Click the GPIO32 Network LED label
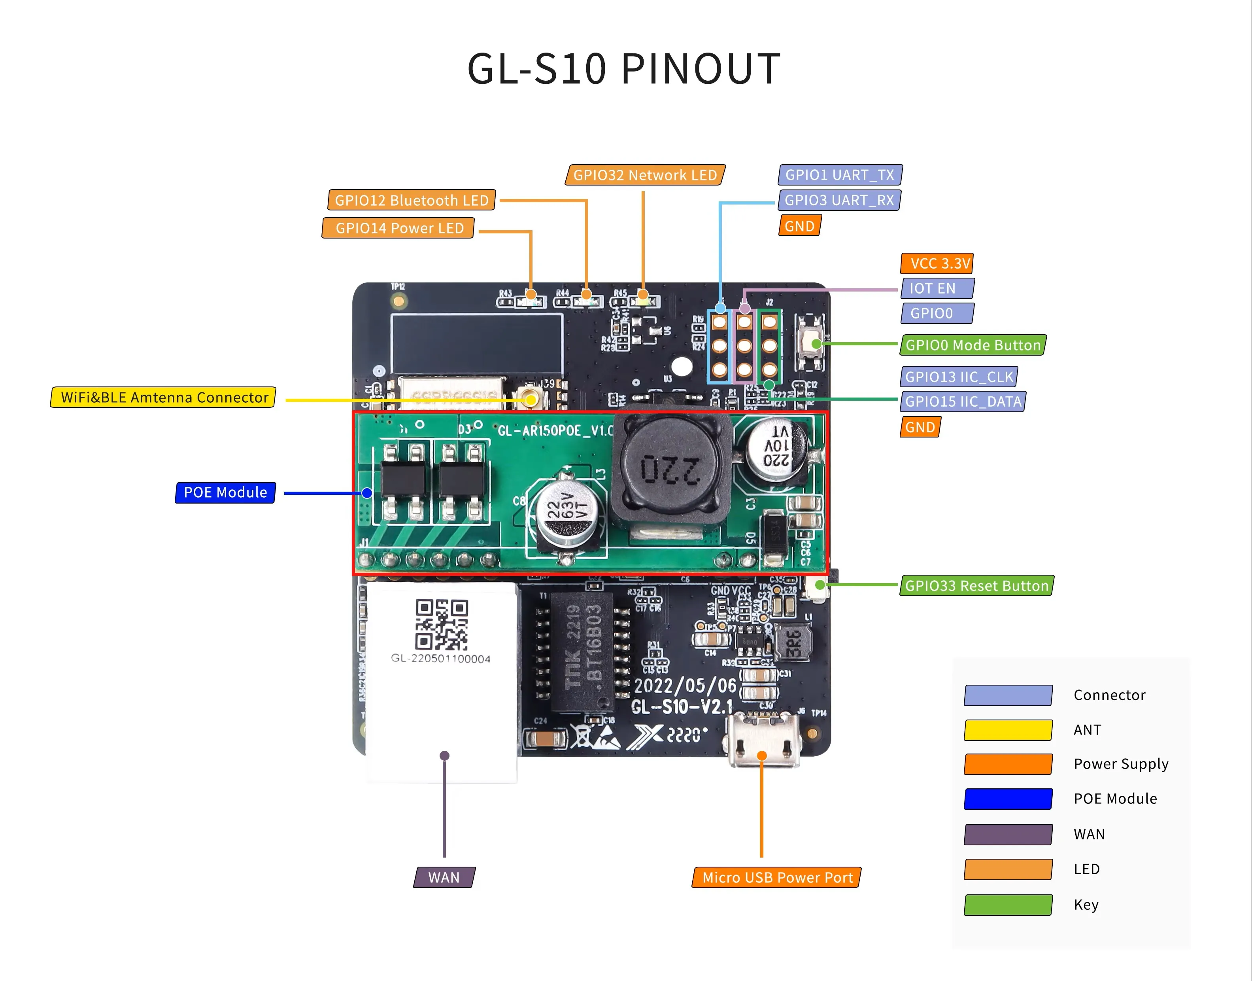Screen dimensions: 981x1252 click(x=645, y=175)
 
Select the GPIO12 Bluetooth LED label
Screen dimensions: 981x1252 click(x=411, y=201)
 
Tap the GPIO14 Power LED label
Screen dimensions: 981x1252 click(x=398, y=228)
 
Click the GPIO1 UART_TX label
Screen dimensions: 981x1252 click(x=840, y=174)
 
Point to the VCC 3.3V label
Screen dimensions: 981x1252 click(x=937, y=263)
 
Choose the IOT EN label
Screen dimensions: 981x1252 click(x=937, y=288)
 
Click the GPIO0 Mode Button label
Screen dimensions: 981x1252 click(x=973, y=345)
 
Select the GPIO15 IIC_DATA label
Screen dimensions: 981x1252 click(x=963, y=401)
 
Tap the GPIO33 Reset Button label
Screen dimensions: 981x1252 click(x=976, y=586)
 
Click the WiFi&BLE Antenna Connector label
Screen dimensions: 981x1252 click(x=164, y=398)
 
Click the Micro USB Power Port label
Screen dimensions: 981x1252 click(x=777, y=878)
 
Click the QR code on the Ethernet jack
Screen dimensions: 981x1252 click(x=442, y=625)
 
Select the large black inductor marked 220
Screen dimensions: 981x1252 click(x=670, y=468)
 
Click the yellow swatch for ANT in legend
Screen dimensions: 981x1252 click(x=1008, y=730)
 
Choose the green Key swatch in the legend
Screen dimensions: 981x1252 click(x=1008, y=905)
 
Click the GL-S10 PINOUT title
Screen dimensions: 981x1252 click(x=623, y=69)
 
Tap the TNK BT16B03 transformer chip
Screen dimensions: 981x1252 click(x=582, y=652)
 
